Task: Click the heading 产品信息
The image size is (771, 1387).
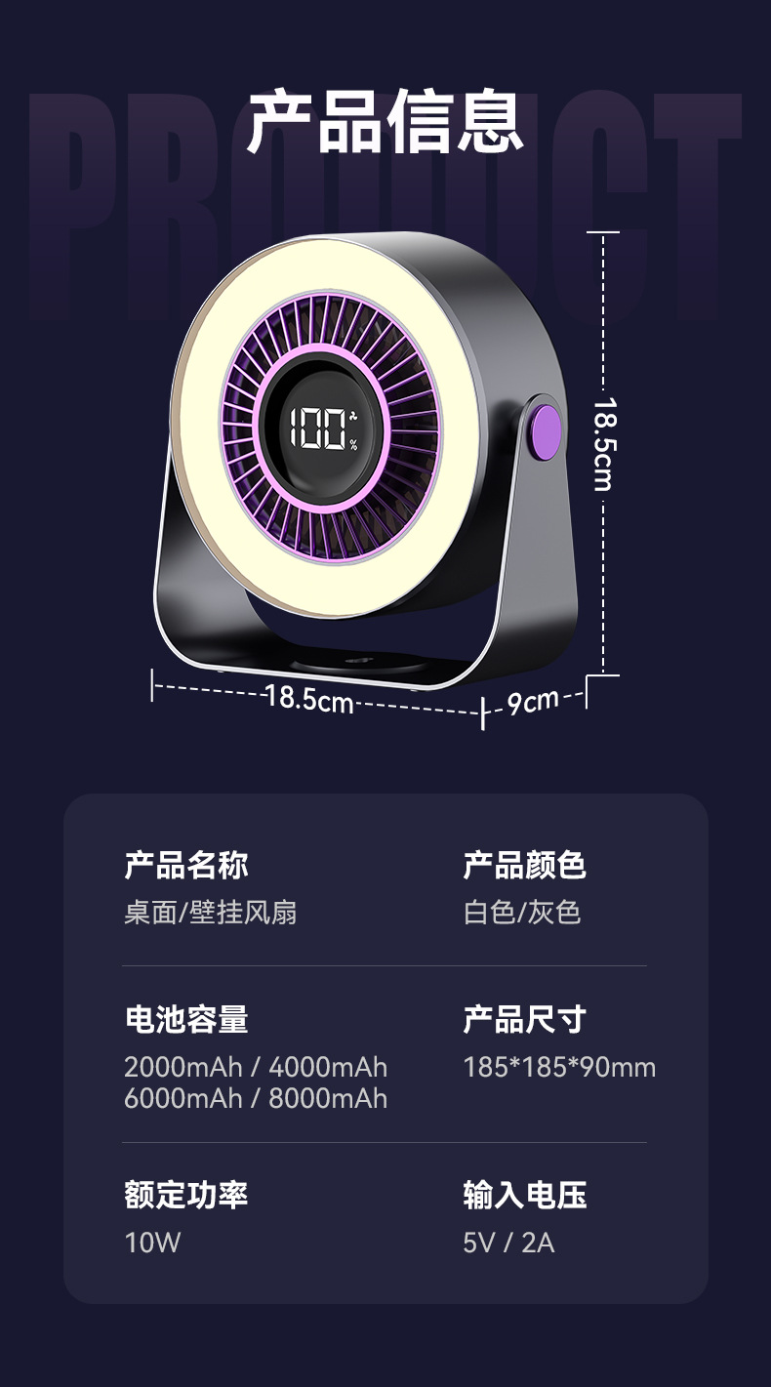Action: click(x=385, y=122)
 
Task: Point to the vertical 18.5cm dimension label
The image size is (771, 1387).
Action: click(x=603, y=444)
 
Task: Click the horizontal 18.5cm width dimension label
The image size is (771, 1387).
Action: click(x=309, y=699)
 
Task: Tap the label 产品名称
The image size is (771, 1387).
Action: click(x=186, y=865)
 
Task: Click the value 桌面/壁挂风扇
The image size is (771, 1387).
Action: click(x=211, y=913)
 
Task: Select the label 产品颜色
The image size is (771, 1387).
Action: click(x=524, y=865)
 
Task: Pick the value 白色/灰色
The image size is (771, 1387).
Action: click(x=522, y=913)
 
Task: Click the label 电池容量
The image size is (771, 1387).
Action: click(x=186, y=1019)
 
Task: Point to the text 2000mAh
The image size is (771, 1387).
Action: click(x=183, y=1067)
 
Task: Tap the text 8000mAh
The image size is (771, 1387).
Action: click(x=328, y=1098)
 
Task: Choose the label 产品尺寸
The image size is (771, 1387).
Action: click(x=524, y=1019)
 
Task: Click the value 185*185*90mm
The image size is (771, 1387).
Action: click(x=559, y=1067)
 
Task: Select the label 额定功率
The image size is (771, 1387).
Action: click(x=186, y=1195)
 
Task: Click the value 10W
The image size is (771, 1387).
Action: click(x=152, y=1243)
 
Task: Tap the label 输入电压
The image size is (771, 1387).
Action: click(x=524, y=1195)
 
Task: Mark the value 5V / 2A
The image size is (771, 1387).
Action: click(x=508, y=1243)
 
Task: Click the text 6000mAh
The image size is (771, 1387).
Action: click(x=183, y=1098)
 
